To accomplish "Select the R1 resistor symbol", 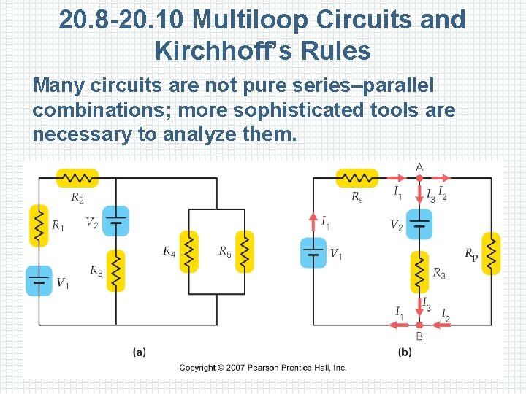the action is [39, 225].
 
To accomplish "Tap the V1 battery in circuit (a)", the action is [39, 281].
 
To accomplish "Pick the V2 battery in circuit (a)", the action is [115, 220].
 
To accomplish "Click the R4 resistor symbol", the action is [189, 251].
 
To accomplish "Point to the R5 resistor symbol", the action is [245, 251].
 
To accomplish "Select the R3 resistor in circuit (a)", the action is [115, 271].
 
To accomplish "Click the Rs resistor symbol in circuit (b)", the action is [357, 178].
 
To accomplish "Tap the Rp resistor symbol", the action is [492, 253].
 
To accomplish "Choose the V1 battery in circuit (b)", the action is [313, 252].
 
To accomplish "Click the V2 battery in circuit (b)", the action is [419, 224].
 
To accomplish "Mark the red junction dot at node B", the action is [419, 324].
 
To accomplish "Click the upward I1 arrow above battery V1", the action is [313, 220].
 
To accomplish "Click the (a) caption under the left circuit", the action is [139, 352].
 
